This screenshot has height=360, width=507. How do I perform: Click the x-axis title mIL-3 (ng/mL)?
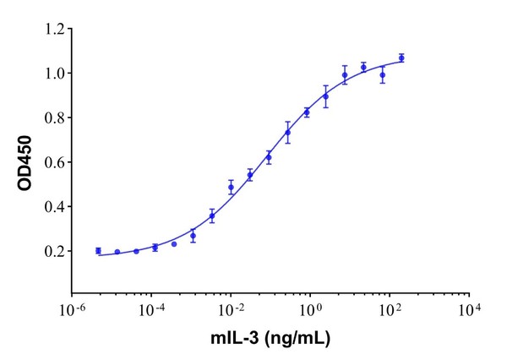270,340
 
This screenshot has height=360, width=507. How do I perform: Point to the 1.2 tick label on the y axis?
54,30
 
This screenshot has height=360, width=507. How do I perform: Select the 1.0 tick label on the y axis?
54,74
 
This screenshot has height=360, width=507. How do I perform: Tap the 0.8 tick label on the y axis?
54,118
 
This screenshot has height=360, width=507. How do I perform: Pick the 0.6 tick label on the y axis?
54,162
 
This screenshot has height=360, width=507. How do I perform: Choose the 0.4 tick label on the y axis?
54,207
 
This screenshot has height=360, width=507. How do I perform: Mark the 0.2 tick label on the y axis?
54,251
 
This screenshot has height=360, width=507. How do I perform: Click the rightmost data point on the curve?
401,58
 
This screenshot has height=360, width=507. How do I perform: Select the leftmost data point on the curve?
98,250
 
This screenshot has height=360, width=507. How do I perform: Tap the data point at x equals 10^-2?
231,188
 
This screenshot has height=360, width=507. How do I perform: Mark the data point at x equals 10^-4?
155,248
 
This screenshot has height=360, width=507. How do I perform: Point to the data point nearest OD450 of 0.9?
325,96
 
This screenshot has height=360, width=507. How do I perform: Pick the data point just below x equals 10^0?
307,112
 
